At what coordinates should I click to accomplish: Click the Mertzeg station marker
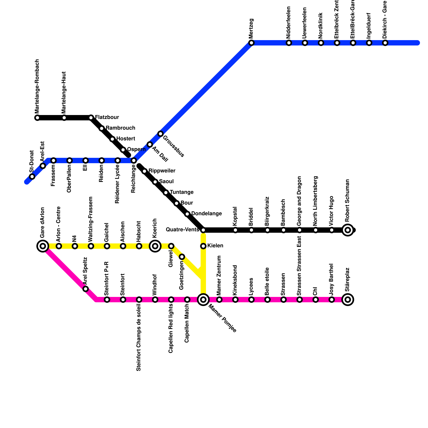click(x=251, y=43)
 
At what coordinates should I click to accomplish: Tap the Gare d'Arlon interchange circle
click(x=43, y=246)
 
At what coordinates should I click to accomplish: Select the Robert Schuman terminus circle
click(x=348, y=230)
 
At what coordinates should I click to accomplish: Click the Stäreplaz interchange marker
click(x=348, y=300)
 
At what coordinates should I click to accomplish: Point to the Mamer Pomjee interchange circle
click(x=203, y=300)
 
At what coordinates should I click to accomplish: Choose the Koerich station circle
click(x=155, y=246)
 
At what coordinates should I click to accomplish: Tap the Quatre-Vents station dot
click(x=203, y=230)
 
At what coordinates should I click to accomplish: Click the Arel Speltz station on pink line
click(x=86, y=289)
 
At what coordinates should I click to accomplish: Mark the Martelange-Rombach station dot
click(x=37, y=118)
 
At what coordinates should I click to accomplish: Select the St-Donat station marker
click(x=32, y=177)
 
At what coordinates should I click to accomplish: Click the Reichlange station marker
click(x=134, y=160)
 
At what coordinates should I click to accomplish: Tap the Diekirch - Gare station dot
click(x=385, y=43)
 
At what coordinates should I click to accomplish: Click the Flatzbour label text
click(x=107, y=117)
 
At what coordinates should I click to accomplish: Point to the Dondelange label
click(x=207, y=214)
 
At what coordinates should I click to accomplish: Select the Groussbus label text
click(x=173, y=147)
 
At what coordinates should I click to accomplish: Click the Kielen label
click(x=215, y=246)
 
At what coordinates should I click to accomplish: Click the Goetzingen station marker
click(x=182, y=257)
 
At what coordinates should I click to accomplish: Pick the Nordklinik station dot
click(x=321, y=43)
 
